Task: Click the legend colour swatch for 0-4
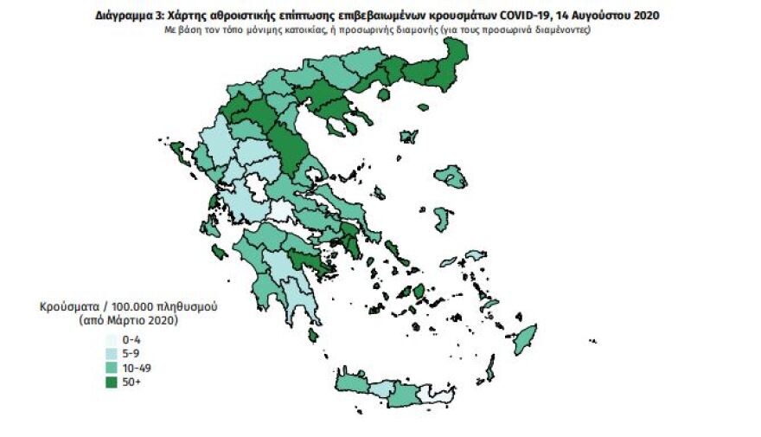coord(112,340)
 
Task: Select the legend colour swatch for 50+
coord(112,382)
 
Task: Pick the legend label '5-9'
coord(133,354)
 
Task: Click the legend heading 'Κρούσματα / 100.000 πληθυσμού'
coord(128,307)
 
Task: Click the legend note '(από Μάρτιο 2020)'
coord(128,320)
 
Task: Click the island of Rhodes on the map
coord(524,338)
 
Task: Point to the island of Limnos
coord(408,137)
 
